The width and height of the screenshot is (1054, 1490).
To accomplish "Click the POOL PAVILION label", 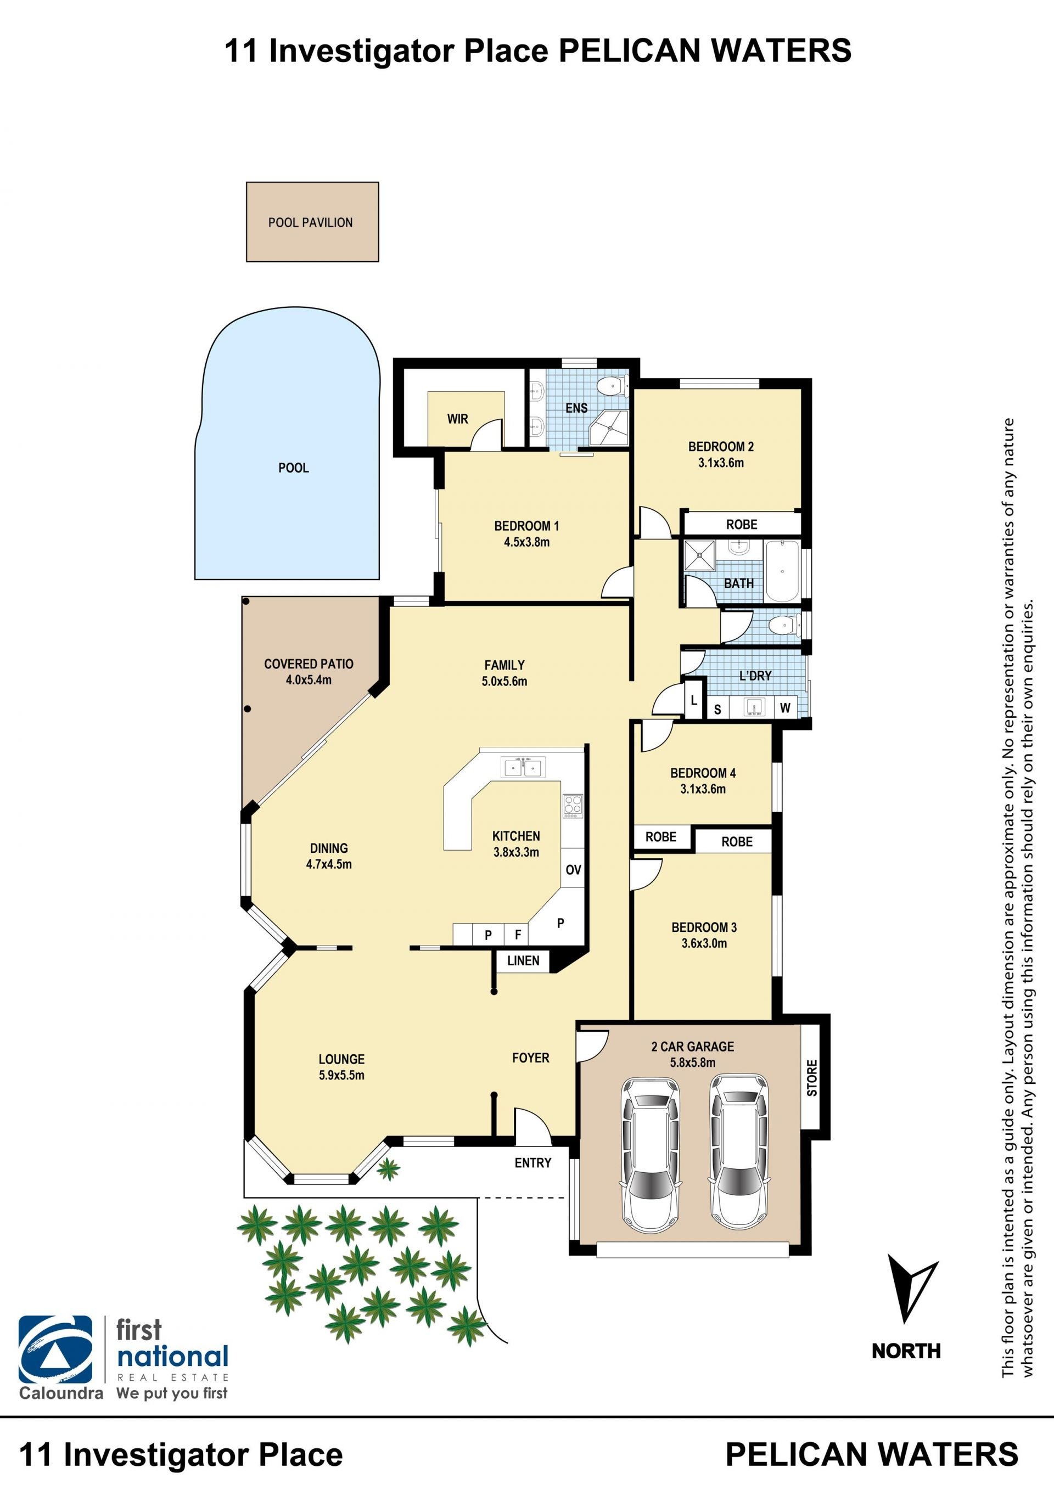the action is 310,223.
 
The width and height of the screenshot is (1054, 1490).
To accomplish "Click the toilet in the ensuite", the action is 612,387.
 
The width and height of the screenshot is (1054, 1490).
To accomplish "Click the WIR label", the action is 457,419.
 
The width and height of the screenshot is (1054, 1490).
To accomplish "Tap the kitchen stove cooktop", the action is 573,805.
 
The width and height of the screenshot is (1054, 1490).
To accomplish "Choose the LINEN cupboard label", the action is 523,960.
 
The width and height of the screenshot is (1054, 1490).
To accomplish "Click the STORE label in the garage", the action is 812,1078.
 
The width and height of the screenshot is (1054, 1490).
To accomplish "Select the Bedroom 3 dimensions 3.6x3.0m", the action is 704,943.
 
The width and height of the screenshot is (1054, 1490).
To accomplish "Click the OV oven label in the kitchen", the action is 573,870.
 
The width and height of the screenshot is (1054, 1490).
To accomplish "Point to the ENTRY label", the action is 533,1163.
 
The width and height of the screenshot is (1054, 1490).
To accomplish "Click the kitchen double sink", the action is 523,768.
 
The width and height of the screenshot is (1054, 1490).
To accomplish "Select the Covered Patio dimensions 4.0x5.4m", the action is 309,680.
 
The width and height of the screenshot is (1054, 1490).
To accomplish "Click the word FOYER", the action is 531,1058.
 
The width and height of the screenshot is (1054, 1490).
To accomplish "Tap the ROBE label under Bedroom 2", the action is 742,524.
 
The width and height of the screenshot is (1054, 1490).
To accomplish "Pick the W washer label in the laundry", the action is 786,708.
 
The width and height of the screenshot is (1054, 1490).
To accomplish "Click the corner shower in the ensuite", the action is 609,428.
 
